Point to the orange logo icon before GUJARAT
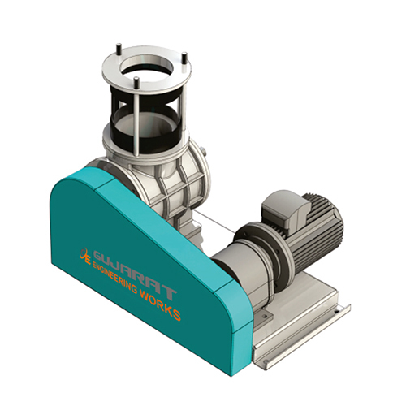83,254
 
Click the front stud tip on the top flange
136,80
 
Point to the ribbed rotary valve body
171,179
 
